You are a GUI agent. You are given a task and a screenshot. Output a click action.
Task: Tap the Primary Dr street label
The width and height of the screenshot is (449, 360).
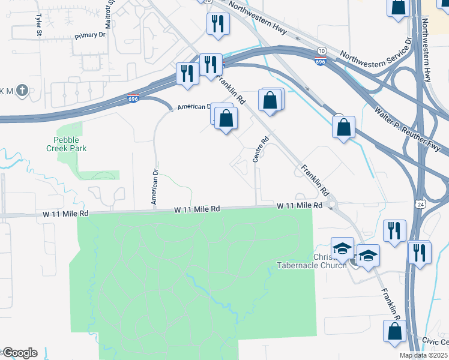90,35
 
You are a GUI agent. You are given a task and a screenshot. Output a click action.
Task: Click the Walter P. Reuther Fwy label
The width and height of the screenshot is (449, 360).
408,128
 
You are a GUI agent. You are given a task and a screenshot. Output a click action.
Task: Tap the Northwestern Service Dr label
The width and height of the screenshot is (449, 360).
374,58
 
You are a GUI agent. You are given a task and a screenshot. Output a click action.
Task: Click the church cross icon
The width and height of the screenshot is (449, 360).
22,91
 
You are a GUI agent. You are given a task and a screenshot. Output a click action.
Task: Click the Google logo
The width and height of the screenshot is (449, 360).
20,353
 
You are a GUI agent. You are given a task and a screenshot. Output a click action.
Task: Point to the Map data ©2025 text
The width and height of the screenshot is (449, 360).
424,355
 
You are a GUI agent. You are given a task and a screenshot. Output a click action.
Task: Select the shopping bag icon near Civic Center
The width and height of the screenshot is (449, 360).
395,331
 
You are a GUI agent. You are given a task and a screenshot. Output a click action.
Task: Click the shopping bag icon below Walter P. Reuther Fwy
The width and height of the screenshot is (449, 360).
343,127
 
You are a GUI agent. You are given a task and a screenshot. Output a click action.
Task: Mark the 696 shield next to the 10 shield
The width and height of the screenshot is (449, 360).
321,62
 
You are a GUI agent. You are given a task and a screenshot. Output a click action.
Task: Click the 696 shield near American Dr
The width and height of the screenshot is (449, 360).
133,99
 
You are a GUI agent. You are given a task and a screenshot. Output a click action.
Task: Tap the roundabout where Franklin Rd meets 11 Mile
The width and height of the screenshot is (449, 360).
334,206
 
